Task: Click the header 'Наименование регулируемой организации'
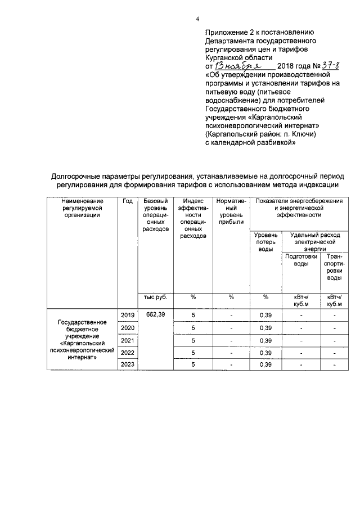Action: pyautogui.click(x=82, y=208)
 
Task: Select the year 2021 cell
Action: pyautogui.click(x=127, y=340)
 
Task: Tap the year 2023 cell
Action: pyautogui.click(x=127, y=365)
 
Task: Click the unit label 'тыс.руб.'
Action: pyautogui.click(x=155, y=297)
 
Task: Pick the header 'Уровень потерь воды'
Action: pyautogui.click(x=265, y=241)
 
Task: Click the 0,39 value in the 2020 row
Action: pyautogui.click(x=265, y=328)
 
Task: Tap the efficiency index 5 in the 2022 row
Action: pyautogui.click(x=193, y=353)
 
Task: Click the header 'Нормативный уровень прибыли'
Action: pyautogui.click(x=231, y=211)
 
